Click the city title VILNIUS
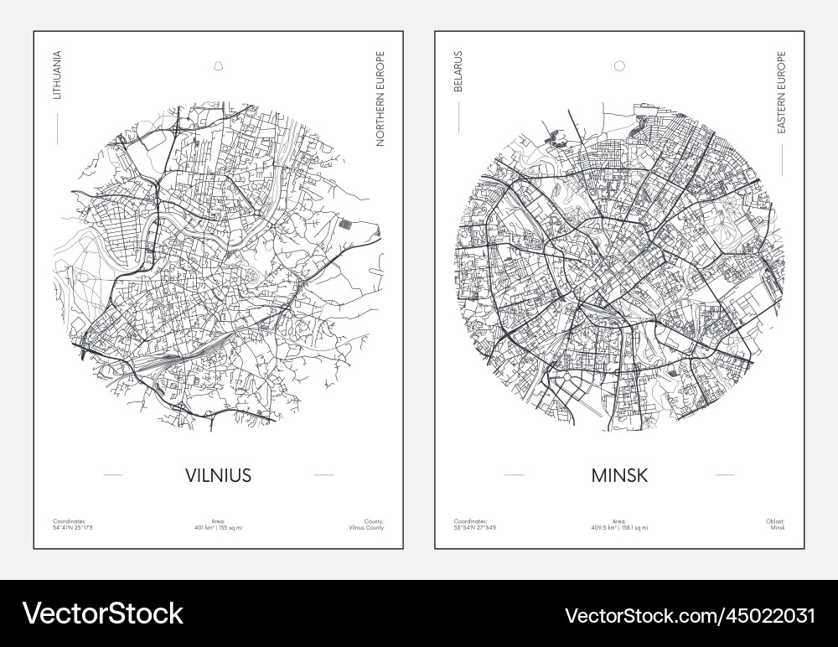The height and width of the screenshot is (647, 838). (218, 475)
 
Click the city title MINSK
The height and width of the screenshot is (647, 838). (619, 475)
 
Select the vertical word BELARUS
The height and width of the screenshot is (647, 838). (458, 76)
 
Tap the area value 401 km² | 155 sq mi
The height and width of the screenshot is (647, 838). (218, 528)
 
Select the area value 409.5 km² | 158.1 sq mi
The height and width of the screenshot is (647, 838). (619, 528)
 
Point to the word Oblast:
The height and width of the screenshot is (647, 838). (775, 521)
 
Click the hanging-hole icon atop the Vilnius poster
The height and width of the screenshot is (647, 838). (218, 65)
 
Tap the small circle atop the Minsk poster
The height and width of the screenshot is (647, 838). (619, 65)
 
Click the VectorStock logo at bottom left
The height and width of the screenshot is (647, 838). (103, 613)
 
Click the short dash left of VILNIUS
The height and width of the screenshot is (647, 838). (112, 475)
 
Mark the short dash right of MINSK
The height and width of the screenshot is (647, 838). (724, 475)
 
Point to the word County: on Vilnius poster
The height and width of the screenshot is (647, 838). (374, 521)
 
